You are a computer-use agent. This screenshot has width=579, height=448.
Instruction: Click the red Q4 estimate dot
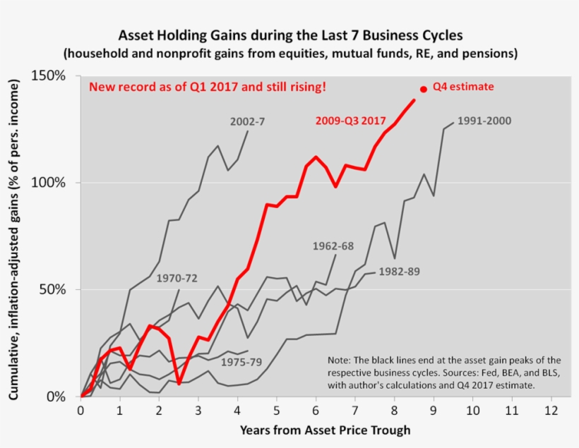(x=424, y=90)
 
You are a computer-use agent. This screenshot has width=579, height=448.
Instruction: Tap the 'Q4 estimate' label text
(x=462, y=87)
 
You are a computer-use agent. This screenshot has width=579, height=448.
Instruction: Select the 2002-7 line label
(x=247, y=121)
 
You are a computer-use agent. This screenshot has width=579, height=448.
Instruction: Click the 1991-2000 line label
(x=484, y=121)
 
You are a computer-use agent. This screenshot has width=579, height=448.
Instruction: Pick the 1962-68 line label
(x=333, y=246)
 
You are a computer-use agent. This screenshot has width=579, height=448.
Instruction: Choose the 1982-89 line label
(x=400, y=271)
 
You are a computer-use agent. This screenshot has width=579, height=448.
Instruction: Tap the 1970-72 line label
(x=177, y=279)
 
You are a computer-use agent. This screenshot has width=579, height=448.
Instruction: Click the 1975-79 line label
(x=241, y=363)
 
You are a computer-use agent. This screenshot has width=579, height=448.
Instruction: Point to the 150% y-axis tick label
(x=54, y=75)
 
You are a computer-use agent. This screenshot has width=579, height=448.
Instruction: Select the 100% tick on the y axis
(x=54, y=183)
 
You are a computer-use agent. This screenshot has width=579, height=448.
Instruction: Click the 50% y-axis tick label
(x=56, y=290)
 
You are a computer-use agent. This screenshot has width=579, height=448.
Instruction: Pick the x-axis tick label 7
(x=355, y=410)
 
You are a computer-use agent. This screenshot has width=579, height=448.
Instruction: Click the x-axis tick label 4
(x=238, y=410)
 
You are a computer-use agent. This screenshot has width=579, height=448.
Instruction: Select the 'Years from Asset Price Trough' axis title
(x=325, y=429)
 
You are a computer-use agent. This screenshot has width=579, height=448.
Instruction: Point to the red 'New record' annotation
(x=207, y=87)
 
